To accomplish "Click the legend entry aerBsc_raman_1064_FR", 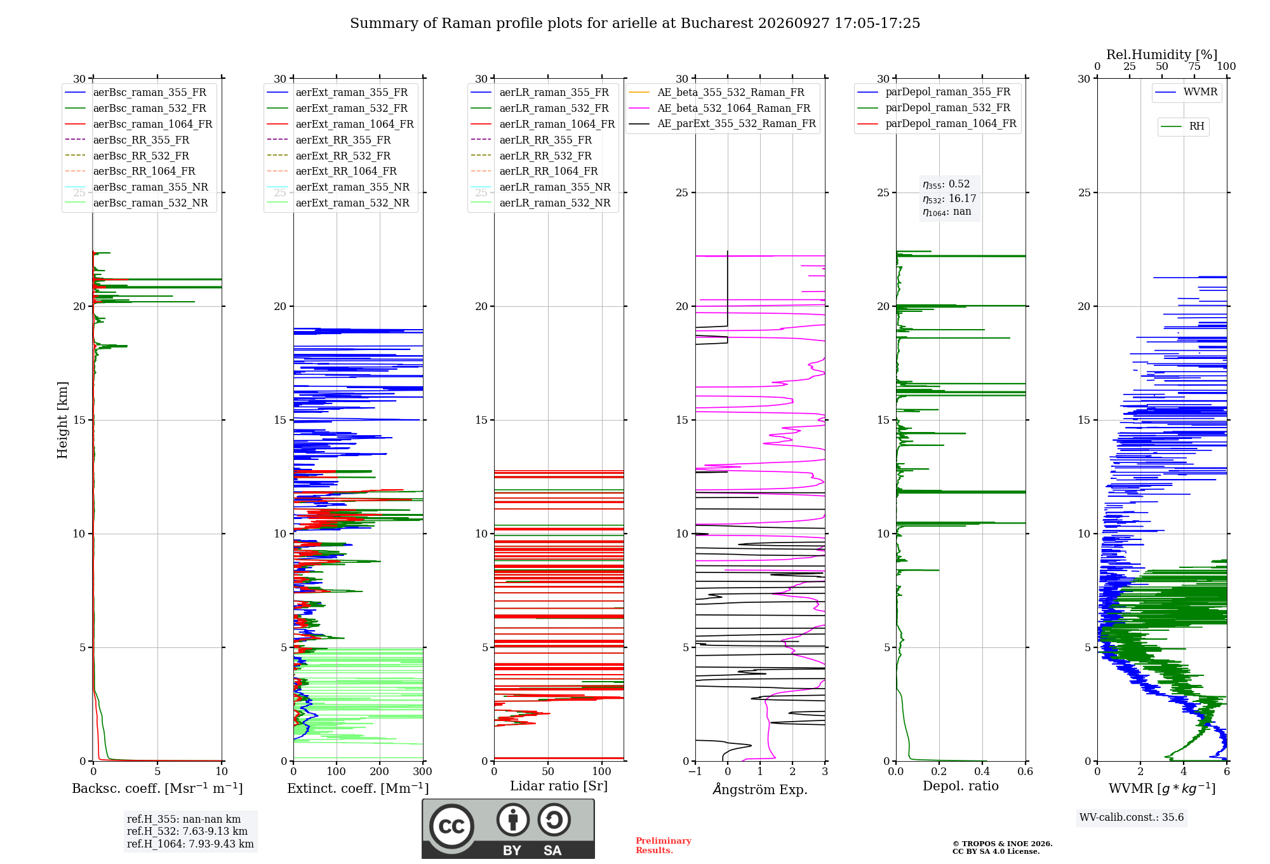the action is point(138,124).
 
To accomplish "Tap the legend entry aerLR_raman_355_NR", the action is point(540,187).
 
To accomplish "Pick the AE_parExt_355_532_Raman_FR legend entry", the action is point(722,123).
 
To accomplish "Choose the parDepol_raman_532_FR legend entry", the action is point(933,107).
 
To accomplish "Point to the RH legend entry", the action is point(1183,126).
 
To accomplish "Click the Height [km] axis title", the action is point(62,420).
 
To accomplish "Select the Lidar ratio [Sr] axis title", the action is point(559,786).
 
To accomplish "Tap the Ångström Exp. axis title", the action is point(760,789).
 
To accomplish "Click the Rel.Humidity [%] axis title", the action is point(1162,55).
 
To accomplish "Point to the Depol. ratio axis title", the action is point(961,786).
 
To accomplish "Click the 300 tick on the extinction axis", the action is point(422,772).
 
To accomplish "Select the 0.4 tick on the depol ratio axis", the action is point(982,772).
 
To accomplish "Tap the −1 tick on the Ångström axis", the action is point(695,772).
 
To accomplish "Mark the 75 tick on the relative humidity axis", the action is point(1194,66).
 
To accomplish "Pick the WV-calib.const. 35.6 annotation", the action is point(1132,818).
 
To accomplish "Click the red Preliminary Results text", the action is point(664,846).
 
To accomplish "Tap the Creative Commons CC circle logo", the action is point(451,827).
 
